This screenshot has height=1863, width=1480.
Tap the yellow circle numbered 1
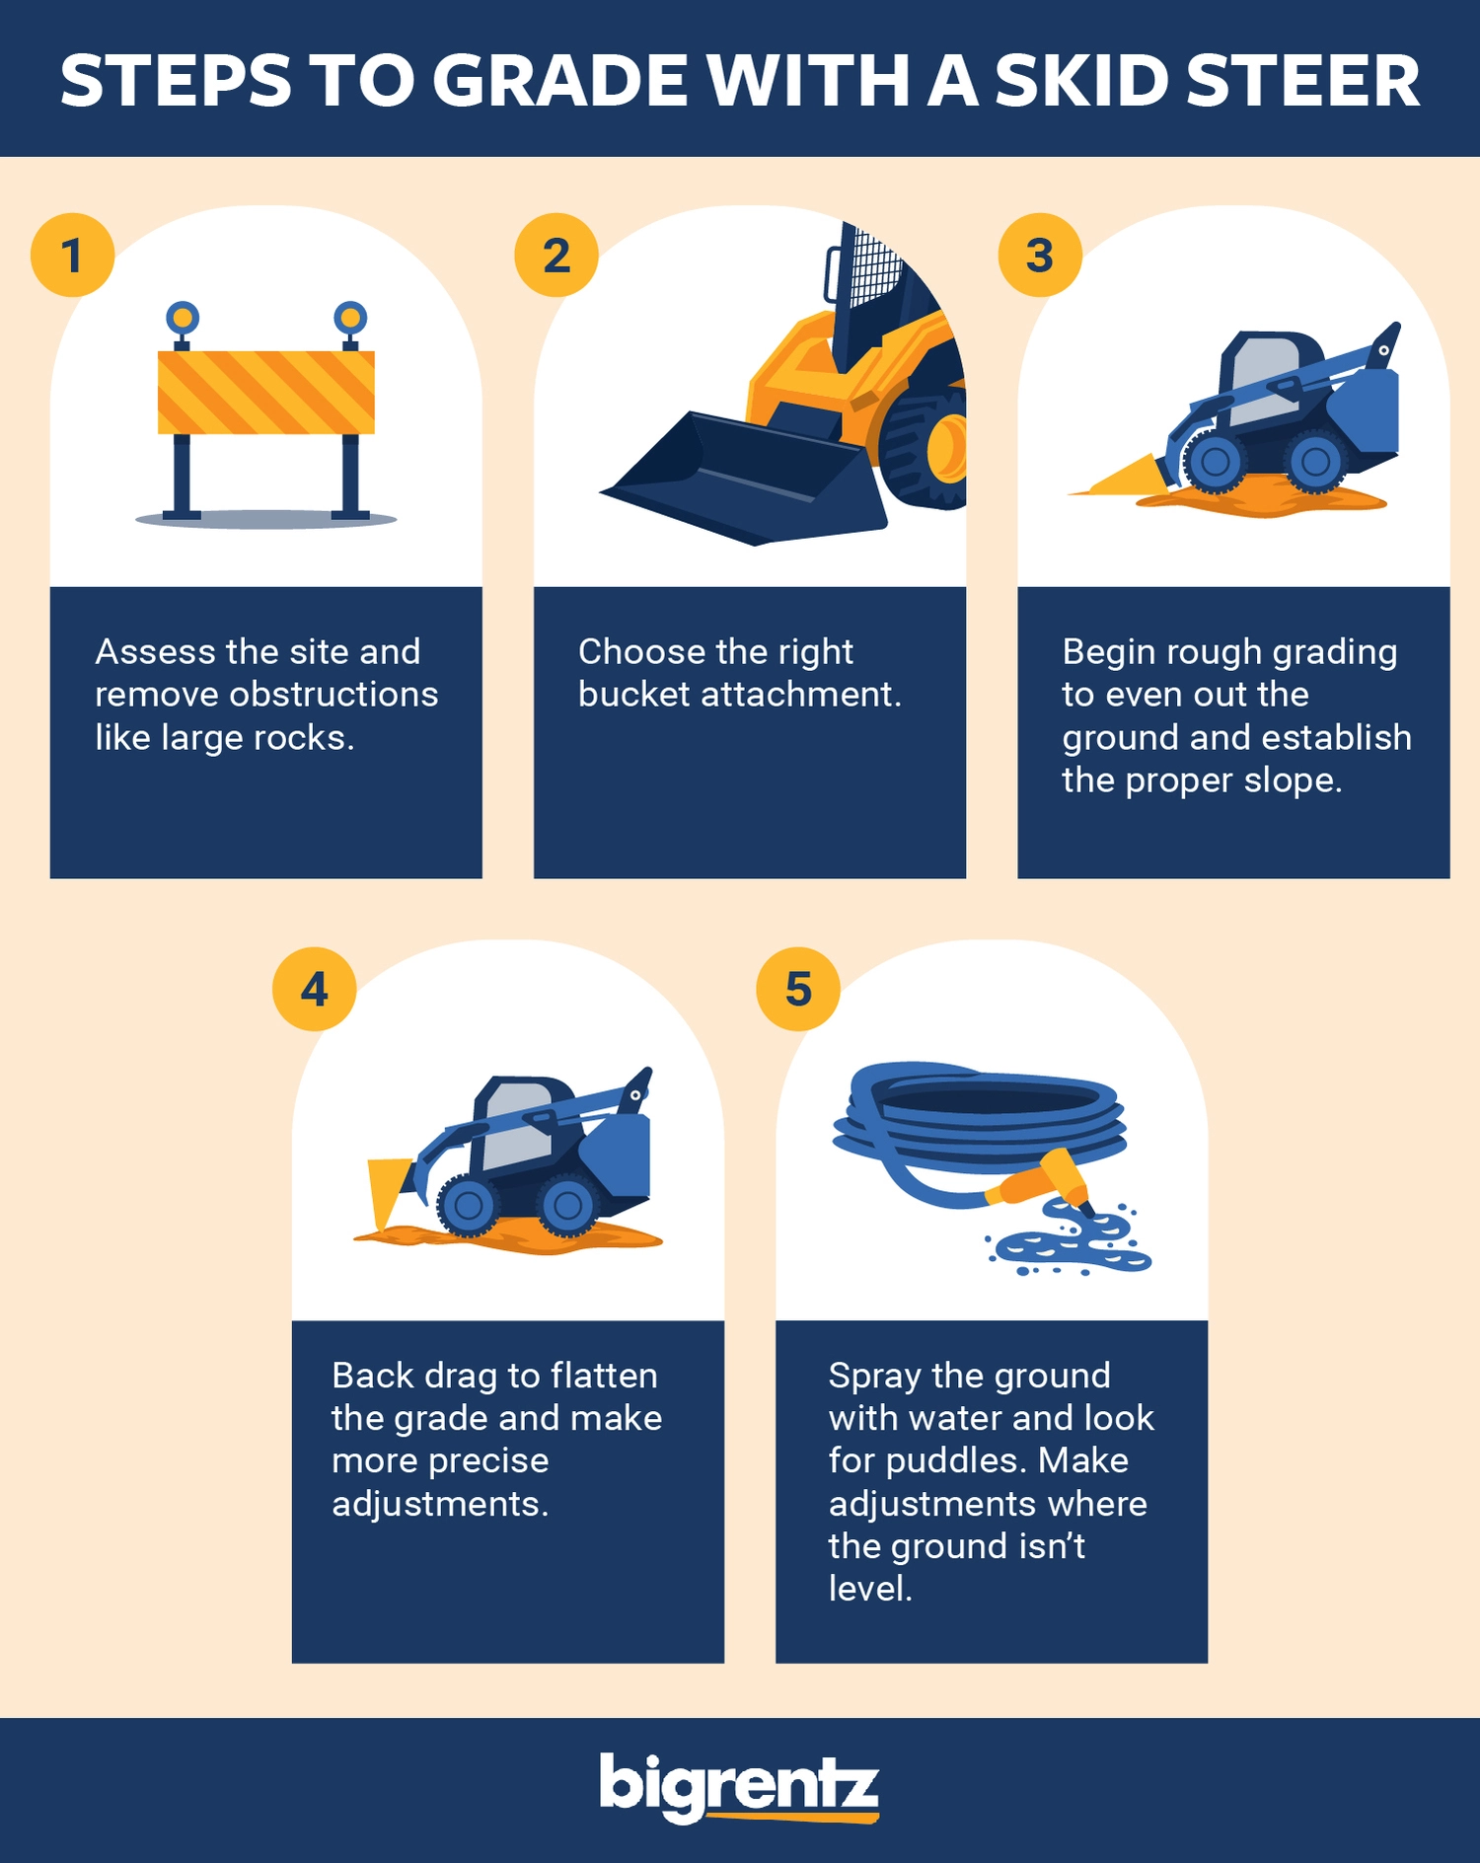pyautogui.click(x=72, y=255)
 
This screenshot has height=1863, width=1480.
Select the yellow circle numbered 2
pyautogui.click(x=556, y=255)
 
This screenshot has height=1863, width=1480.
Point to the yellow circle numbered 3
pyautogui.click(x=1040, y=255)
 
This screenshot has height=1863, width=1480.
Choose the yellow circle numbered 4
pyautogui.click(x=314, y=989)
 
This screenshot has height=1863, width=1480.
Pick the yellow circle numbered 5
pyautogui.click(x=798, y=989)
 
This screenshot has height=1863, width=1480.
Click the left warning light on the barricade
pyautogui.click(x=183, y=318)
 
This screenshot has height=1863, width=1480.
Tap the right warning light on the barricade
pyautogui.click(x=350, y=318)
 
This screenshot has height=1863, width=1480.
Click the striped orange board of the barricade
pyautogui.click(x=266, y=393)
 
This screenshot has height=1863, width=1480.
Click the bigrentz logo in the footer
pyautogui.click(x=739, y=1787)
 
